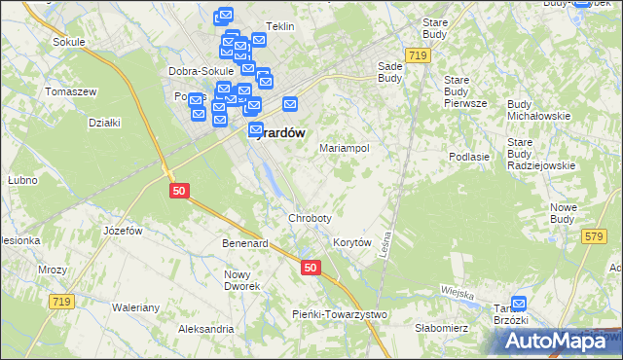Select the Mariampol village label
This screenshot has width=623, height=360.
click(345, 149)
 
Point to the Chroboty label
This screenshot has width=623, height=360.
click(310, 218)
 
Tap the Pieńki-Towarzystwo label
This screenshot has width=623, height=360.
click(340, 314)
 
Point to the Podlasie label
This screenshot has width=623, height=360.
click(468, 156)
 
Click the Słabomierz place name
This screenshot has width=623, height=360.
click(441, 328)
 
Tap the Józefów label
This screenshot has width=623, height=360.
click(123, 231)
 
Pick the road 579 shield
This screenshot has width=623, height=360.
click(594, 236)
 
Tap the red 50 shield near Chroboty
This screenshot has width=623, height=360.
click(310, 267)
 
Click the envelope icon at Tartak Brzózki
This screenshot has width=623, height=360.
click(519, 305)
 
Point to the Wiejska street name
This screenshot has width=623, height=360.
click(456, 292)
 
